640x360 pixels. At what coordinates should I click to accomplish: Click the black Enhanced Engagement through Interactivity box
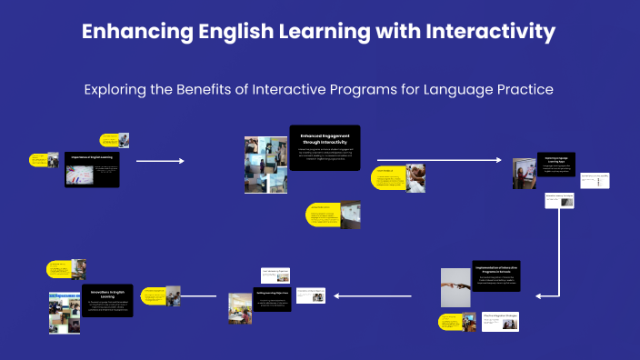(325, 147)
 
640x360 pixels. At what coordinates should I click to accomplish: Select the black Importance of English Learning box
(92, 170)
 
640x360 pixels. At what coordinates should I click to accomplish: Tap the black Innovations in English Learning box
(107, 299)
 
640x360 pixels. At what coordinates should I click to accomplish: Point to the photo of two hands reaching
(455, 286)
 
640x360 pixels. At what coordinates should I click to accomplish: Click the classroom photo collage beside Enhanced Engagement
(265, 165)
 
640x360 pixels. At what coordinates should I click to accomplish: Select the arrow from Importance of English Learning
(160, 161)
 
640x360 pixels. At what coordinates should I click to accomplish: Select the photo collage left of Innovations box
(65, 312)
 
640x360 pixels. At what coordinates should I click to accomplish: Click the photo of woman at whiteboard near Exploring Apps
(523, 173)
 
